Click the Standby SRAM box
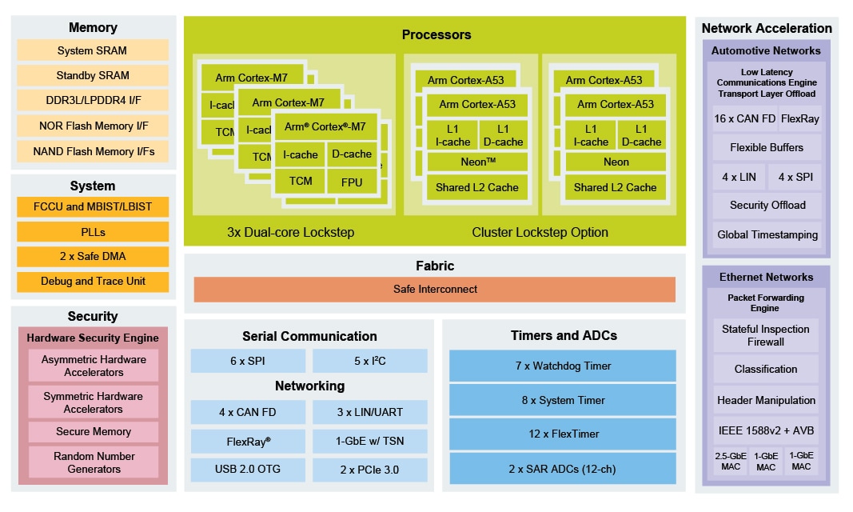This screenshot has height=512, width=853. (93, 75)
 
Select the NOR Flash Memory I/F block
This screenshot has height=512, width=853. (93, 126)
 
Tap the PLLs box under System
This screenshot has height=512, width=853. (93, 232)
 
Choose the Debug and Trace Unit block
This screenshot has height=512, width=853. (93, 282)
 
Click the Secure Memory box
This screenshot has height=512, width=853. (94, 432)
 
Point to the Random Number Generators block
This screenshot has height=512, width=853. (94, 462)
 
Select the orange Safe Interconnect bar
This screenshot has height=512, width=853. (435, 290)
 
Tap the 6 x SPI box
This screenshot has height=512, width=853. (248, 361)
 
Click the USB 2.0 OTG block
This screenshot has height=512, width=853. (248, 469)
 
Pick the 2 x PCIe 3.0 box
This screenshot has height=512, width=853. (369, 469)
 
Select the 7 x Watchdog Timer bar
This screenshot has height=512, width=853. (563, 366)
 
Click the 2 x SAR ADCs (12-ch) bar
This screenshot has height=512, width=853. (563, 469)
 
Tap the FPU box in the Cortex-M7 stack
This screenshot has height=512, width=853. (352, 182)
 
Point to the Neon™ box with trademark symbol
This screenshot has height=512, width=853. (477, 162)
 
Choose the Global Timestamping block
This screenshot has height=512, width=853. (767, 235)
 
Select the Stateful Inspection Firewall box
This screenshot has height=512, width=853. (765, 335)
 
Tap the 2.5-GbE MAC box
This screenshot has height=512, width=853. (731, 462)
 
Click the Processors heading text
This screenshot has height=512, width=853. (436, 34)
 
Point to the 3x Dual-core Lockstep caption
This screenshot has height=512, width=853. (290, 233)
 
